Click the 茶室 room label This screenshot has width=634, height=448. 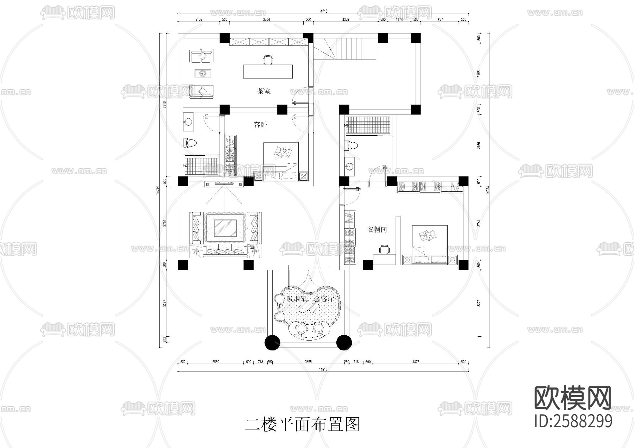click(263, 91)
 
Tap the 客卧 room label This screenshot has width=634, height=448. click(260, 125)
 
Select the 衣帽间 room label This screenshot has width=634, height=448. click(377, 230)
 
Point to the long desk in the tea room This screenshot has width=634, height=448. click(268, 71)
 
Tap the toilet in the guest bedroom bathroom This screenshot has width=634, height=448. click(191, 143)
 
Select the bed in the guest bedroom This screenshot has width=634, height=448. click(281, 157)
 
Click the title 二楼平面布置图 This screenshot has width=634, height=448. click(302, 424)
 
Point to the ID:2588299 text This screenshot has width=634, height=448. click(573, 421)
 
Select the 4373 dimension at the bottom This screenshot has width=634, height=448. click(416, 362)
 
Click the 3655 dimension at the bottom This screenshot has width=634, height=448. click(308, 362)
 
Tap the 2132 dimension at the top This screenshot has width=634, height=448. click(199, 20)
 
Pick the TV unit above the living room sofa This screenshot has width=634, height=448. click(224, 183)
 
